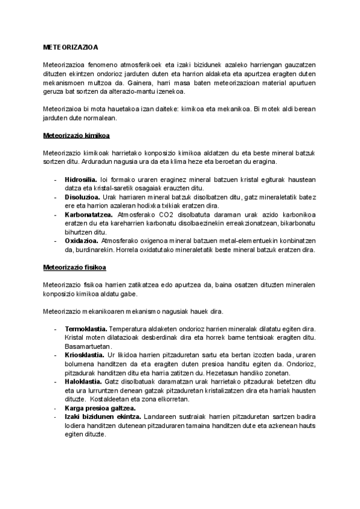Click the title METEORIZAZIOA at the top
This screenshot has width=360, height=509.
click(71, 46)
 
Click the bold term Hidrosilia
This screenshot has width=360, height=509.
click(81, 179)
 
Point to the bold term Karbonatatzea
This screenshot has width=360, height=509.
click(88, 214)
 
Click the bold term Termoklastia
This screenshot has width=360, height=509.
click(86, 329)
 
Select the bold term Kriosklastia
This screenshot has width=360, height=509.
click(85, 355)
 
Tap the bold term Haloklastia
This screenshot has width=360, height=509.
click(83, 382)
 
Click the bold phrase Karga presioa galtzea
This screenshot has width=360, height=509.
click(100, 408)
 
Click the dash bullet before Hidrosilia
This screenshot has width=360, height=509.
click(55, 179)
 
